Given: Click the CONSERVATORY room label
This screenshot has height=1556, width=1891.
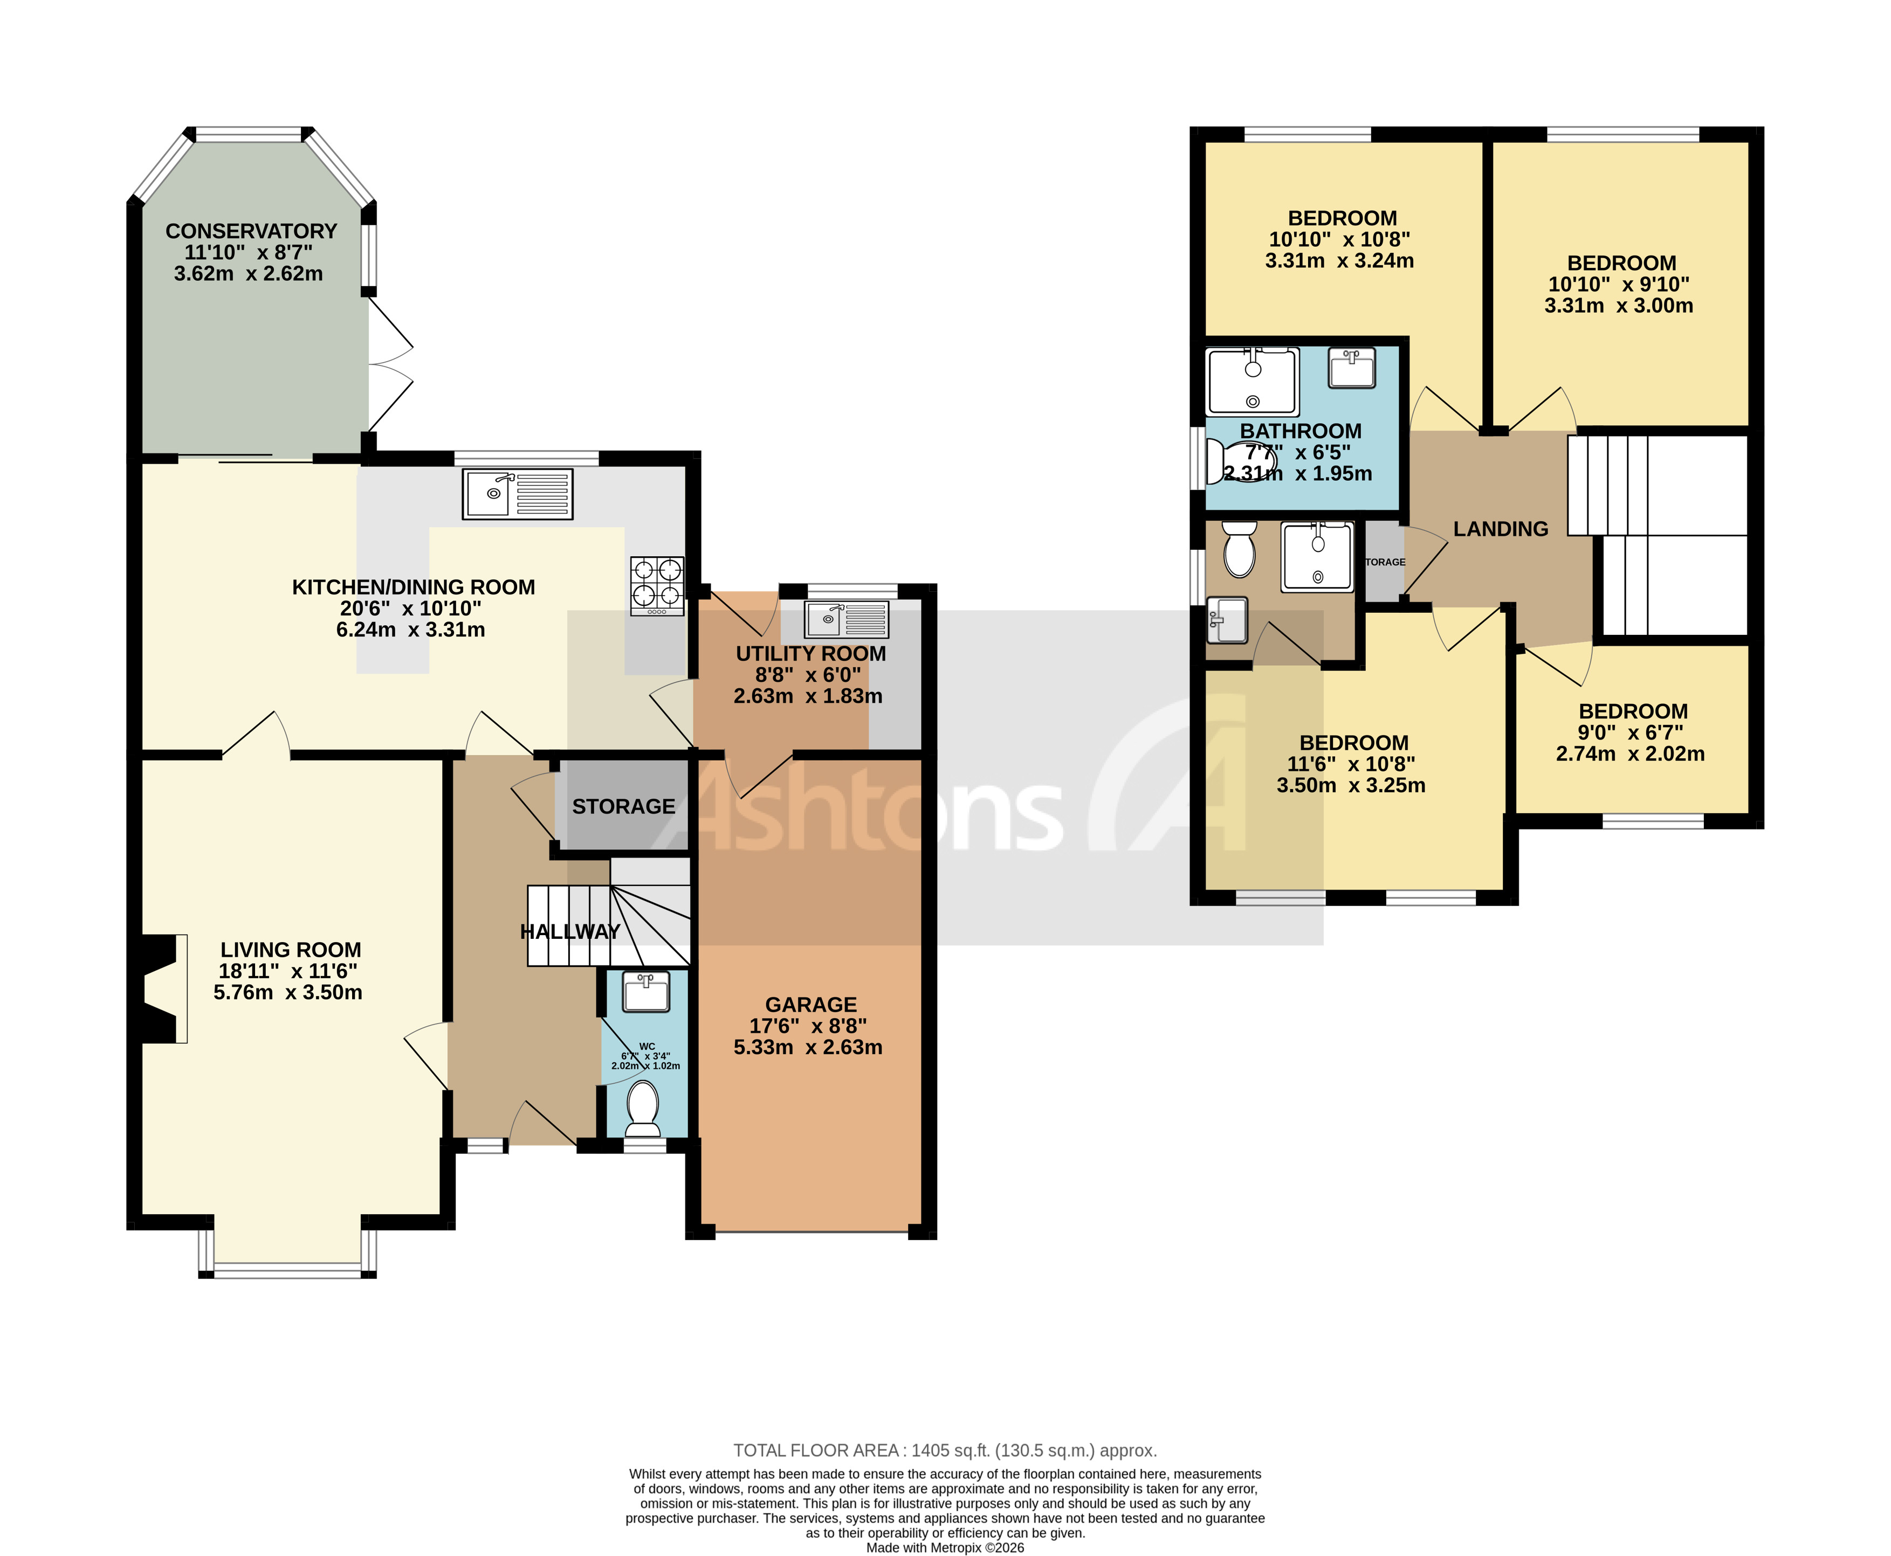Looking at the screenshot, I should coord(251,231).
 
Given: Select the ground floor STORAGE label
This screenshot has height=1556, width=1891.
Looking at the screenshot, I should coord(623,807).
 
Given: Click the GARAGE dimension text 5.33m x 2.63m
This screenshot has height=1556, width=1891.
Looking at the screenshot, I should coord(808,1047).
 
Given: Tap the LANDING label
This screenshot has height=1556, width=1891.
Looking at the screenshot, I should coord(1500,529).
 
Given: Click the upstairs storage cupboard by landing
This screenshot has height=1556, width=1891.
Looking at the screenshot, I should coord(1384,562).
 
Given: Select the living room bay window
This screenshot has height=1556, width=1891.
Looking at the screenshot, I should coord(287,1267).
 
